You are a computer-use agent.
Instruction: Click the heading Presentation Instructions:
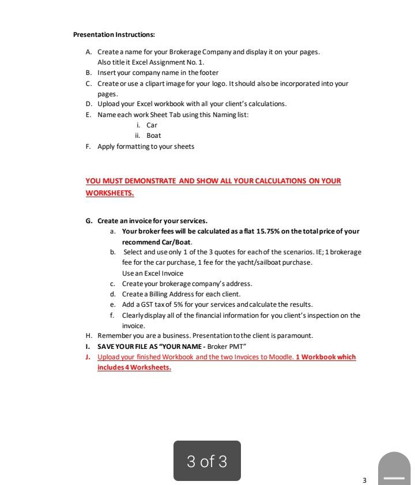coord(114,35)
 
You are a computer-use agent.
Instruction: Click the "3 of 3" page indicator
coord(207,461)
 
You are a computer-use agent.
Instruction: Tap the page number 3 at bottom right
coord(364,480)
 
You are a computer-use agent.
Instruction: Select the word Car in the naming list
coord(152,125)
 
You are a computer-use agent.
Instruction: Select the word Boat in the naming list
coord(153,136)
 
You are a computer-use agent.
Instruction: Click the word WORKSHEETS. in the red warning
coord(110,193)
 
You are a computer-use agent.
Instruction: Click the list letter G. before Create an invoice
coord(89,221)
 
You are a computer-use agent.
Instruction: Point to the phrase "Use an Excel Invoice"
coord(152,273)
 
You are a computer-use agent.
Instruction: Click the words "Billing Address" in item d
coord(163,294)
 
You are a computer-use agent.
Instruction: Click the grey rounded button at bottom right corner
coord(395,470)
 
